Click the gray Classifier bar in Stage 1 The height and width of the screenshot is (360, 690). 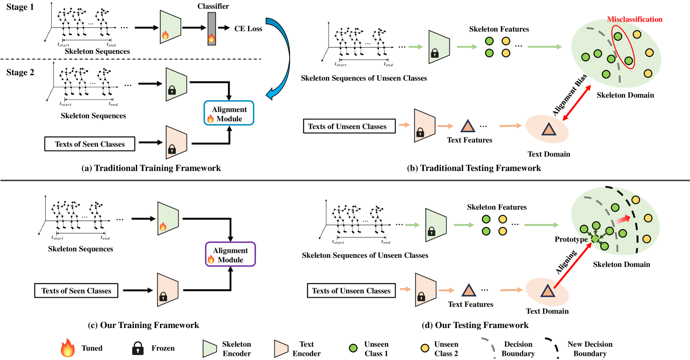211,28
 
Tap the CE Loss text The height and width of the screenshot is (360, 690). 248,29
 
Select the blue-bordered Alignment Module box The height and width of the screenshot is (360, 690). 229,113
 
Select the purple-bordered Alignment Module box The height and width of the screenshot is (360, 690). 231,254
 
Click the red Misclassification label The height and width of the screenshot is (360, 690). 634,19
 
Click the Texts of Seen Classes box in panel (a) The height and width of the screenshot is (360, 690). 90,144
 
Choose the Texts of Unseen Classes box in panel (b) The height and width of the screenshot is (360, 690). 349,126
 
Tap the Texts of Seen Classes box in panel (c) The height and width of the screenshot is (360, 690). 76,291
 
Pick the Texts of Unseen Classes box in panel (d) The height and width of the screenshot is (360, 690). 351,291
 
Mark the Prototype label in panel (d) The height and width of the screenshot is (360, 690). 571,239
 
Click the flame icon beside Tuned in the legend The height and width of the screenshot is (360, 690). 68,348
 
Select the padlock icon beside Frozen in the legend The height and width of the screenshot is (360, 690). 138,348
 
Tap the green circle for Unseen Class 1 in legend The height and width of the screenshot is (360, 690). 353,348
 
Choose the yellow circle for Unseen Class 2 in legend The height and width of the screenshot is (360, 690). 425,348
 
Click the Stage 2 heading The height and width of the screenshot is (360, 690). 20,72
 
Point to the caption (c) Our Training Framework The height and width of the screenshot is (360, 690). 143,325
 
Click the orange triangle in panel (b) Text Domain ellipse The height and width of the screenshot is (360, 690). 549,130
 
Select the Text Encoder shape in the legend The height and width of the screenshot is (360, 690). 281,348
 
